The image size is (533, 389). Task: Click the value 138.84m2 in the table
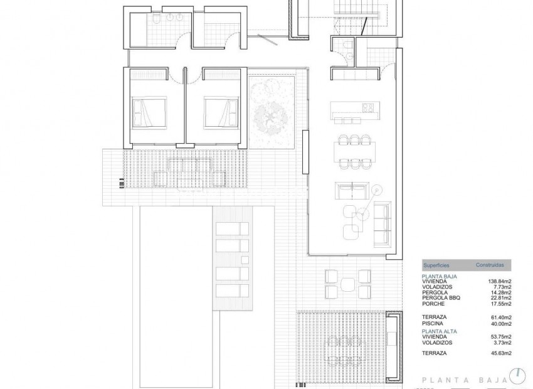(499, 282)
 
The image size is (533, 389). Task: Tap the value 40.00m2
(500, 324)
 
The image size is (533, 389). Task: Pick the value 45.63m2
(500, 353)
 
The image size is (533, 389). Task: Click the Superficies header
(436, 265)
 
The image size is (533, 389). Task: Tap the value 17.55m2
(500, 304)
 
